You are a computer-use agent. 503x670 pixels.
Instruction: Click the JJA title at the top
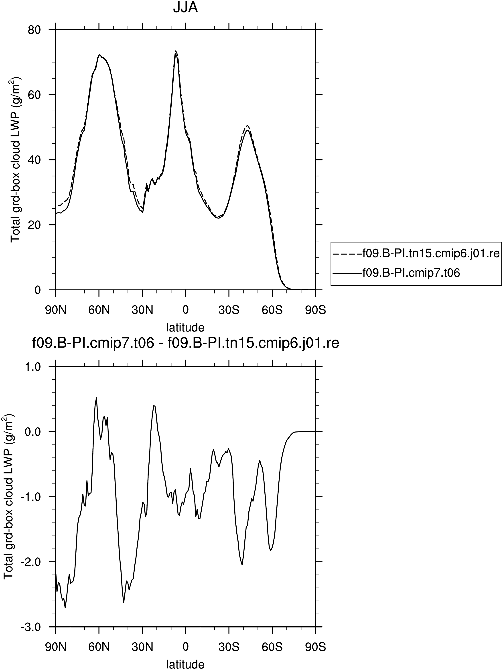[185, 7]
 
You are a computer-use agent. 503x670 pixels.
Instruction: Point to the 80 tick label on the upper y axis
[35, 30]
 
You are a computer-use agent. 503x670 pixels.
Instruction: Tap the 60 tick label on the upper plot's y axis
[35, 95]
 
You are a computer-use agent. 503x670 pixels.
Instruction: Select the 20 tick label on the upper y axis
[35, 225]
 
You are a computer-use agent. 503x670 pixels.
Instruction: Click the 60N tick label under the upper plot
[99, 310]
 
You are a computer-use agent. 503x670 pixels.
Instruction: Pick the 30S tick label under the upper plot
[229, 310]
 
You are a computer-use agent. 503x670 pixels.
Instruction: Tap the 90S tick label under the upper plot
[315, 310]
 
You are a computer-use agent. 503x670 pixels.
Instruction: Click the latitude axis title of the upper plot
[185, 327]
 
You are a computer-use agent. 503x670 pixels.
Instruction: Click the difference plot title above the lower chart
[185, 344]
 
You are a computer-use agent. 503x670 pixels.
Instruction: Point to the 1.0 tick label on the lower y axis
[32, 367]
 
